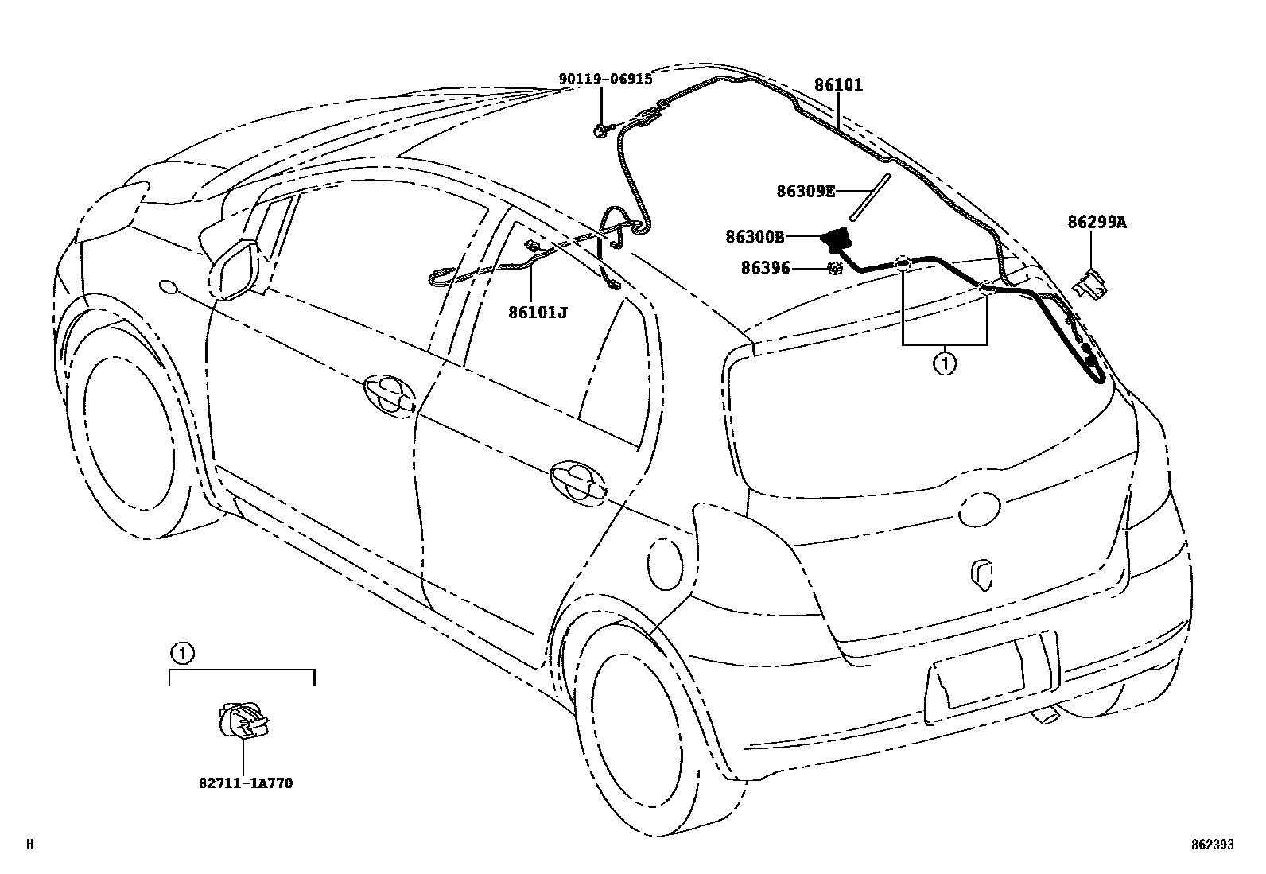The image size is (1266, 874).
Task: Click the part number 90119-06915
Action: point(604,79)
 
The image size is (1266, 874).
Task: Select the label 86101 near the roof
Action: point(838,85)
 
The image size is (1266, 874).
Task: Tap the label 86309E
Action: point(806,191)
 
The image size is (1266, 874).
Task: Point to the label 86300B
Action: point(755,236)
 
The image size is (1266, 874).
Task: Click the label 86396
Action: point(765,269)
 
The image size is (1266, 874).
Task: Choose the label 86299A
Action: point(1097,223)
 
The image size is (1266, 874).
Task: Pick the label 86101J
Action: point(538,312)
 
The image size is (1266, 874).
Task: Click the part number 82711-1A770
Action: point(246,783)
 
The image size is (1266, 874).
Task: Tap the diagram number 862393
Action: point(1212,845)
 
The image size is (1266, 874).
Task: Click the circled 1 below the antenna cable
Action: point(945,364)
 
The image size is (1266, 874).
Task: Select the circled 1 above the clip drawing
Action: point(182,654)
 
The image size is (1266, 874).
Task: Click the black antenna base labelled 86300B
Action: point(835,237)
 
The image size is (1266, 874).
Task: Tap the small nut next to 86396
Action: point(835,269)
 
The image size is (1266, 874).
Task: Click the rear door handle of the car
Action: point(577,480)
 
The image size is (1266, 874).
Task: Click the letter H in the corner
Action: point(30,845)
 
